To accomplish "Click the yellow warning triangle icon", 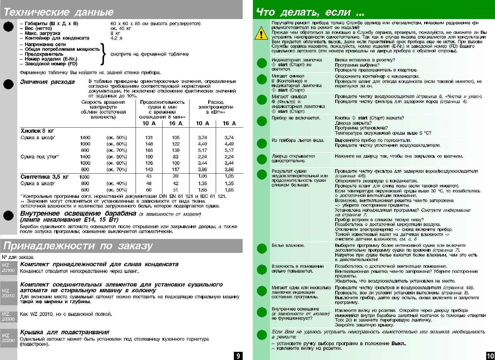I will [261, 33].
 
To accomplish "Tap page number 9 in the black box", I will [238, 356].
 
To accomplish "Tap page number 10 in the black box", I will [490, 356].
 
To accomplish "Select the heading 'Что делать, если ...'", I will [310, 12].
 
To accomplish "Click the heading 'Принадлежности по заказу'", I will [78, 246].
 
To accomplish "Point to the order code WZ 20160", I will [8, 268].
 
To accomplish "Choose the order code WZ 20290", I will [8, 338].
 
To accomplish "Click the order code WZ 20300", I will [8, 316].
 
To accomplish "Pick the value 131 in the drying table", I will [149, 137].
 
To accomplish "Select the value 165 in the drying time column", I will [149, 150].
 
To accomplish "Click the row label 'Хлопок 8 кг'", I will [37, 131].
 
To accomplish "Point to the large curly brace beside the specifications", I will [103, 54].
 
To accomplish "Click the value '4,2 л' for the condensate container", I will [116, 38].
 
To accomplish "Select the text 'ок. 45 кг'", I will [121, 28].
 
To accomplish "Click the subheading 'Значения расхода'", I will [47, 82].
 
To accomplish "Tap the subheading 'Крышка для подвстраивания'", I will [64, 332].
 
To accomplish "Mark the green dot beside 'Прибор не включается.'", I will [262, 121].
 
